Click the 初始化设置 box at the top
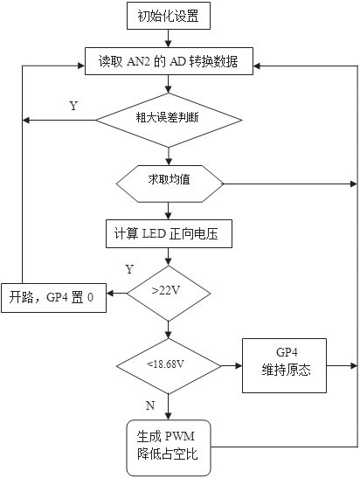click(169, 16)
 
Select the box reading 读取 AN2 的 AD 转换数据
click(169, 61)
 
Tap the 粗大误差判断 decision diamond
click(169, 120)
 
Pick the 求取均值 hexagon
click(170, 184)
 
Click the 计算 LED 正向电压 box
click(169, 233)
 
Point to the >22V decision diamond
click(169, 294)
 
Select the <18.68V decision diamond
click(169, 366)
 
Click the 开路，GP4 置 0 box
click(53, 298)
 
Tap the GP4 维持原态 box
click(284, 365)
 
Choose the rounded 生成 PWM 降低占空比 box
click(169, 447)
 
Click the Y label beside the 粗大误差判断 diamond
click(73, 106)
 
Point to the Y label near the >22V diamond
click(129, 269)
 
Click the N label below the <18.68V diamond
click(150, 405)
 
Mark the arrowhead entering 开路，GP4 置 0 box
click(110, 294)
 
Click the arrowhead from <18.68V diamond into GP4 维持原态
click(239, 366)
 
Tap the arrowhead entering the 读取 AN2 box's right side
click(257, 66)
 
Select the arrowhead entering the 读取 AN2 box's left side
click(80, 66)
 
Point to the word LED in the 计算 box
click(155, 234)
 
